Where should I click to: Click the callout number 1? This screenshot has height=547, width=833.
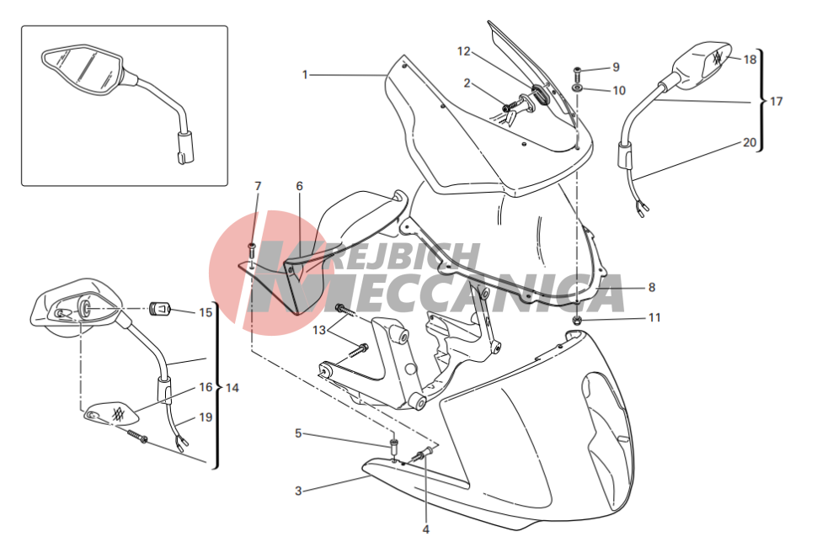tap(305, 75)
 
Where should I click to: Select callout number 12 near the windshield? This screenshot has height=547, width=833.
tap(464, 51)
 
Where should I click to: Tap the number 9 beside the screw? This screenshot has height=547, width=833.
tap(616, 67)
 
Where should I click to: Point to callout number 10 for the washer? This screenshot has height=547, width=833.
tap(619, 91)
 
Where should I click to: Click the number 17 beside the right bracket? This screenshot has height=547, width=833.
tap(777, 101)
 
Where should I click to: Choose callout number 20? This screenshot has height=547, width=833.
tap(750, 142)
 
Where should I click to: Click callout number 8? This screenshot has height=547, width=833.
tap(652, 288)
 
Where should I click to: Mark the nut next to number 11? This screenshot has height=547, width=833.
tap(578, 320)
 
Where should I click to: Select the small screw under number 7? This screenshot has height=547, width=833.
tap(252, 249)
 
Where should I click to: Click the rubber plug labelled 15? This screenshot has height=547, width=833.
tap(159, 308)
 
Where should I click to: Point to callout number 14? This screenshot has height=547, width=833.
tap(232, 388)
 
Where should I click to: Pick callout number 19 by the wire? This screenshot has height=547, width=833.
tap(206, 417)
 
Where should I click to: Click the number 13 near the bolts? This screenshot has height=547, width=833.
tap(318, 331)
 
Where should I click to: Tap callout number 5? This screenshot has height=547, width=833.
tap(298, 433)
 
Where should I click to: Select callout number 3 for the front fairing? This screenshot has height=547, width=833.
tap(298, 491)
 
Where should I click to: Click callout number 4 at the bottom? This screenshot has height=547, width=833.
tap(425, 529)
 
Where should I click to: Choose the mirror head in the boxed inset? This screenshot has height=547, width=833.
tap(84, 71)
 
